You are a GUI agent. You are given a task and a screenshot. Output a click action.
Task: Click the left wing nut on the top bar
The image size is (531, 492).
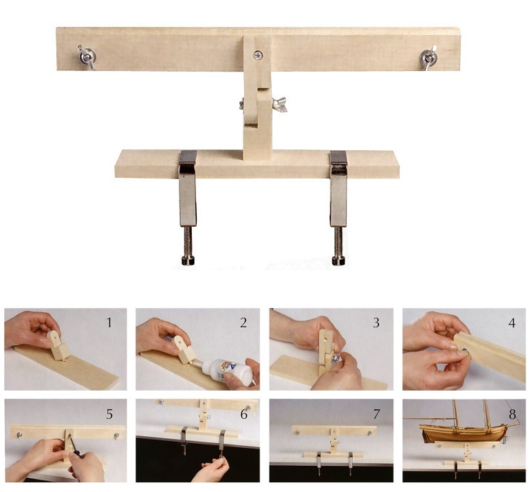click(87, 55)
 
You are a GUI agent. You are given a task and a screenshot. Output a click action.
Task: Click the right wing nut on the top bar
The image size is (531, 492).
click(429, 57)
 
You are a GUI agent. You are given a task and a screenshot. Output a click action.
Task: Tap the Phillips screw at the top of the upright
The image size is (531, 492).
click(258, 54)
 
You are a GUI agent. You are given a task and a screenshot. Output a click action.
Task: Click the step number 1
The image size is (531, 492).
click(109, 322)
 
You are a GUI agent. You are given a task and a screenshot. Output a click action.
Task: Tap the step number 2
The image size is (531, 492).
click(243, 322)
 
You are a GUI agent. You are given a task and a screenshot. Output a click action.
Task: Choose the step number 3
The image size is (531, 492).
click(376, 322)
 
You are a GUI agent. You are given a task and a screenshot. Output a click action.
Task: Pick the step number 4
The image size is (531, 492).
click(512, 322)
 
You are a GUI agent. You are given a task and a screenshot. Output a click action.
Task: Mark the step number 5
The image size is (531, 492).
click(109, 414)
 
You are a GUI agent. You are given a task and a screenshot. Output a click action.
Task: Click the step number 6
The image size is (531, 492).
click(243, 414)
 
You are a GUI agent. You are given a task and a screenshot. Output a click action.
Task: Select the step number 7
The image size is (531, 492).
click(376, 414)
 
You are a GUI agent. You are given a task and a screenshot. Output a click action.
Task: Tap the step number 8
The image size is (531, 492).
click(512, 414)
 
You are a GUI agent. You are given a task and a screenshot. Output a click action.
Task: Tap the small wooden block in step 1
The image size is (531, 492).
click(58, 345)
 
